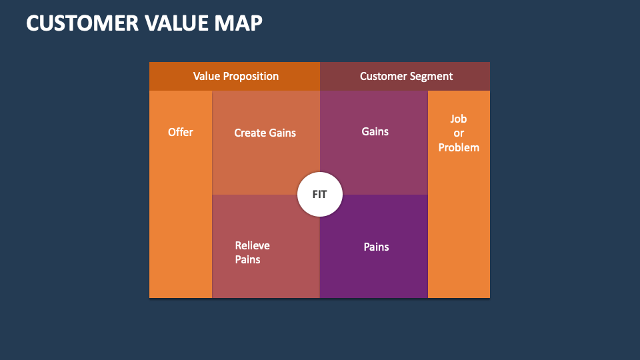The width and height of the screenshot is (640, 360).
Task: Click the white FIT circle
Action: coord(320,195)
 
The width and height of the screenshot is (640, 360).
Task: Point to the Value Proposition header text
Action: coord(236,76)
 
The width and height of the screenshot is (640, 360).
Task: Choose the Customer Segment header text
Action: coord(406,76)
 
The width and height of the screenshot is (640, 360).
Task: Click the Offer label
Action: coord(181,132)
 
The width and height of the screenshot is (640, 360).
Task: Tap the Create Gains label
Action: coord(265,133)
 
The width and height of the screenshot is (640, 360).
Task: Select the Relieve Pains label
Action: coord(253,253)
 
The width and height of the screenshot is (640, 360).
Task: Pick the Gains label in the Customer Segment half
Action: coord(375,131)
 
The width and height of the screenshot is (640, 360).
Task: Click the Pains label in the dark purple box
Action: coord(376,247)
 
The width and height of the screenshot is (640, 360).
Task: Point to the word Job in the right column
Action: coord(459,119)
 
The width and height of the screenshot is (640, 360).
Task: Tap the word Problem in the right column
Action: coord(459,147)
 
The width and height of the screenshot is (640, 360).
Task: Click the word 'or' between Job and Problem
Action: coord(459,133)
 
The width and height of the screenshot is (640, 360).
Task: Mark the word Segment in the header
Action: coord(432,76)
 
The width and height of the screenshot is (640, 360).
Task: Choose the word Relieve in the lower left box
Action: coord(253,245)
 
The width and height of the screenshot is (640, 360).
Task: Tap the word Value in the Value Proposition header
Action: coord(207,76)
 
